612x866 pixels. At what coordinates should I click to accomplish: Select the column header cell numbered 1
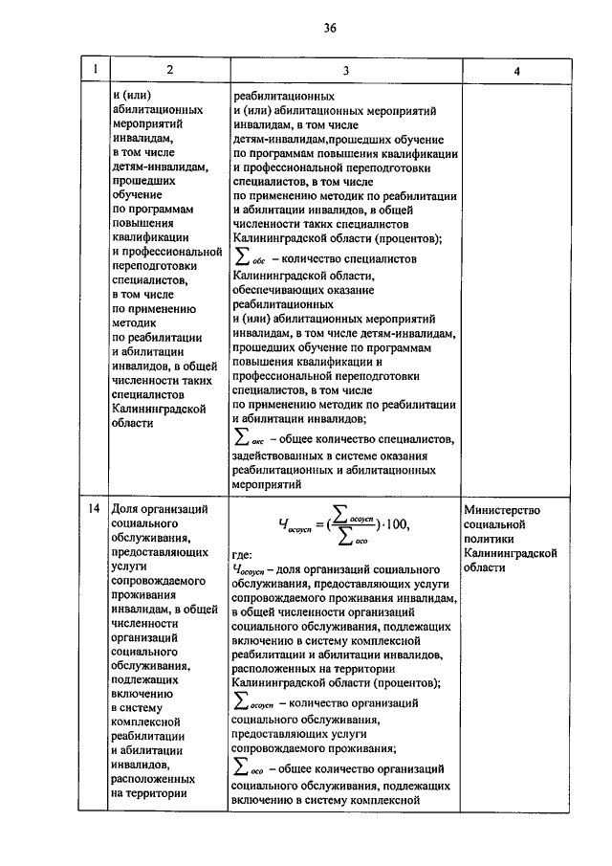point(94,72)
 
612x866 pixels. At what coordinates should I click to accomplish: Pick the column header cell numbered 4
point(516,72)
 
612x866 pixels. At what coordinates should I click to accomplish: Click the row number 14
point(94,510)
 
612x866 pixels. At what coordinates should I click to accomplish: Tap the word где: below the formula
point(243,553)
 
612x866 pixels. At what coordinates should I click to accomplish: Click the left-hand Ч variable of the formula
point(283,524)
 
